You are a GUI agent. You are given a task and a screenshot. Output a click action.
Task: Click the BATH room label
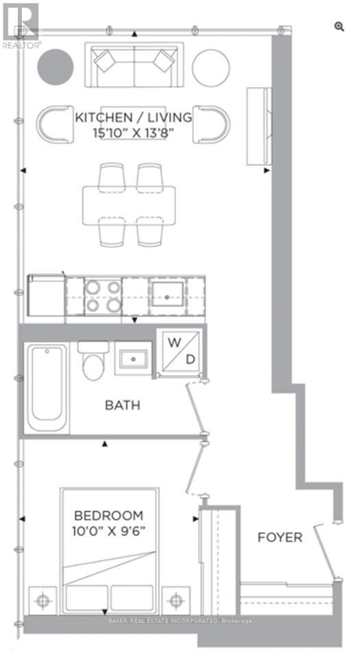point(122,405)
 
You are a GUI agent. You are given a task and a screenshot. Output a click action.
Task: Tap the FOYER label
point(280,537)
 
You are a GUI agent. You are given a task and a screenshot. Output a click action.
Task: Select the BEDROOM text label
point(108,515)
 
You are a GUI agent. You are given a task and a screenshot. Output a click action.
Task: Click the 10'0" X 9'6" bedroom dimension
point(108,530)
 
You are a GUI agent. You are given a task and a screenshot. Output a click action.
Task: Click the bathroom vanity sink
point(131,357)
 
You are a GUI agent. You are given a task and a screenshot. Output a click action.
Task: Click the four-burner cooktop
point(103,295)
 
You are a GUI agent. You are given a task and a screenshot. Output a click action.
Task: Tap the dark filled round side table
point(55,66)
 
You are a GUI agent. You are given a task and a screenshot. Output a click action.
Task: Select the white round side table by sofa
point(211,66)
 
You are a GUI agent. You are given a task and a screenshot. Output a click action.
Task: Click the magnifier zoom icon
point(339,26)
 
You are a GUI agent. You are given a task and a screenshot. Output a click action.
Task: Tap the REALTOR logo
point(21,24)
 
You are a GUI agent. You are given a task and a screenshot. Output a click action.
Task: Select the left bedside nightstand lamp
point(45,602)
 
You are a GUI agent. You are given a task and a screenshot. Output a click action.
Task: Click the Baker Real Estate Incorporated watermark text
point(180,621)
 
